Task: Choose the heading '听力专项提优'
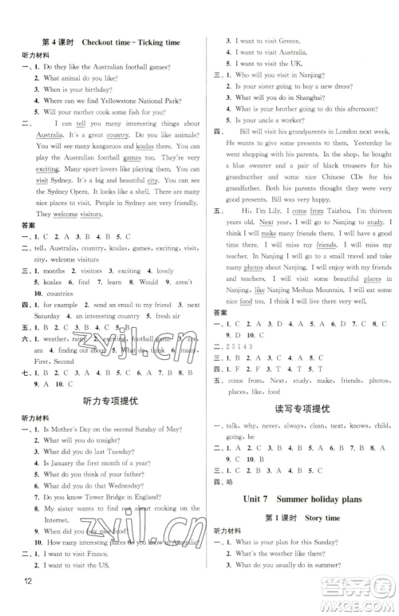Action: coord(105,401)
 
